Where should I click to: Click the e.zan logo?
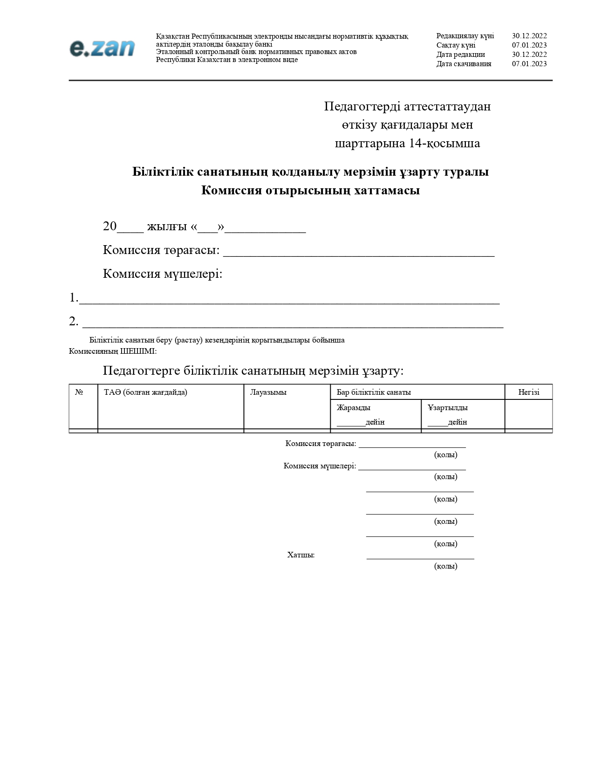[102, 48]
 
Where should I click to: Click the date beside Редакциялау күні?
[529, 36]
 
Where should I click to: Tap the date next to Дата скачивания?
[529, 64]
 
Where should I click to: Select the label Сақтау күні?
[456, 45]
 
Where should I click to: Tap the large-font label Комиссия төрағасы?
[161, 250]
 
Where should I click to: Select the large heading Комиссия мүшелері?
[162, 274]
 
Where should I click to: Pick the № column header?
[79, 392]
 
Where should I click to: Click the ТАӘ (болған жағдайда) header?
[145, 392]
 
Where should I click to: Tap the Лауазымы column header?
[268, 392]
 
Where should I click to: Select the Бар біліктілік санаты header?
[374, 392]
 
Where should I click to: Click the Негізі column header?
[528, 392]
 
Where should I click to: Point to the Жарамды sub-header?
[354, 408]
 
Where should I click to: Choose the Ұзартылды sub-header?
[448, 408]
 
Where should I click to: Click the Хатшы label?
[300, 555]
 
